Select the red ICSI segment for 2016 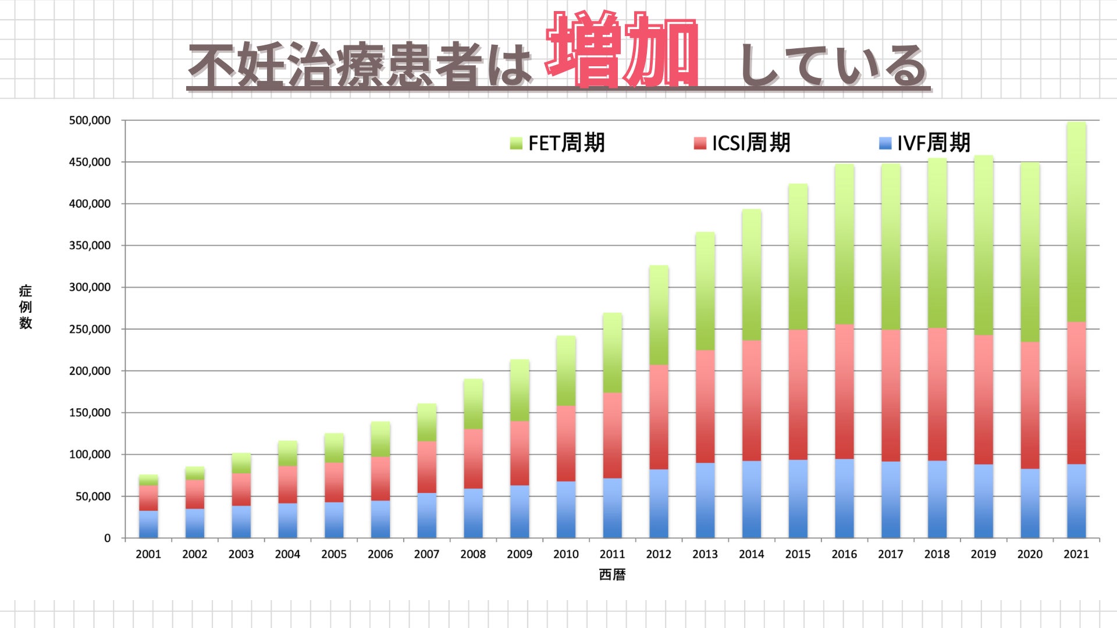click(x=844, y=391)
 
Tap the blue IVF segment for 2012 click(x=659, y=503)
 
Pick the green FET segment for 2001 click(x=148, y=480)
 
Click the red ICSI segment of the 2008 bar click(x=473, y=459)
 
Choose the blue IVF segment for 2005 click(x=334, y=520)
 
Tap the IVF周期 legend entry click(x=925, y=143)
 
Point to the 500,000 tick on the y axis click(x=90, y=120)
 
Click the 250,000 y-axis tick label click(x=90, y=329)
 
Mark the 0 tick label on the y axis click(x=107, y=538)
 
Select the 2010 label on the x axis click(x=565, y=554)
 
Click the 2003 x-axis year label click(x=241, y=554)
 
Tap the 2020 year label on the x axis click(x=1030, y=554)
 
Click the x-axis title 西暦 click(x=612, y=575)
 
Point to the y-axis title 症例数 click(x=26, y=307)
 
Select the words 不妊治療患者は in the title click(x=361, y=65)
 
